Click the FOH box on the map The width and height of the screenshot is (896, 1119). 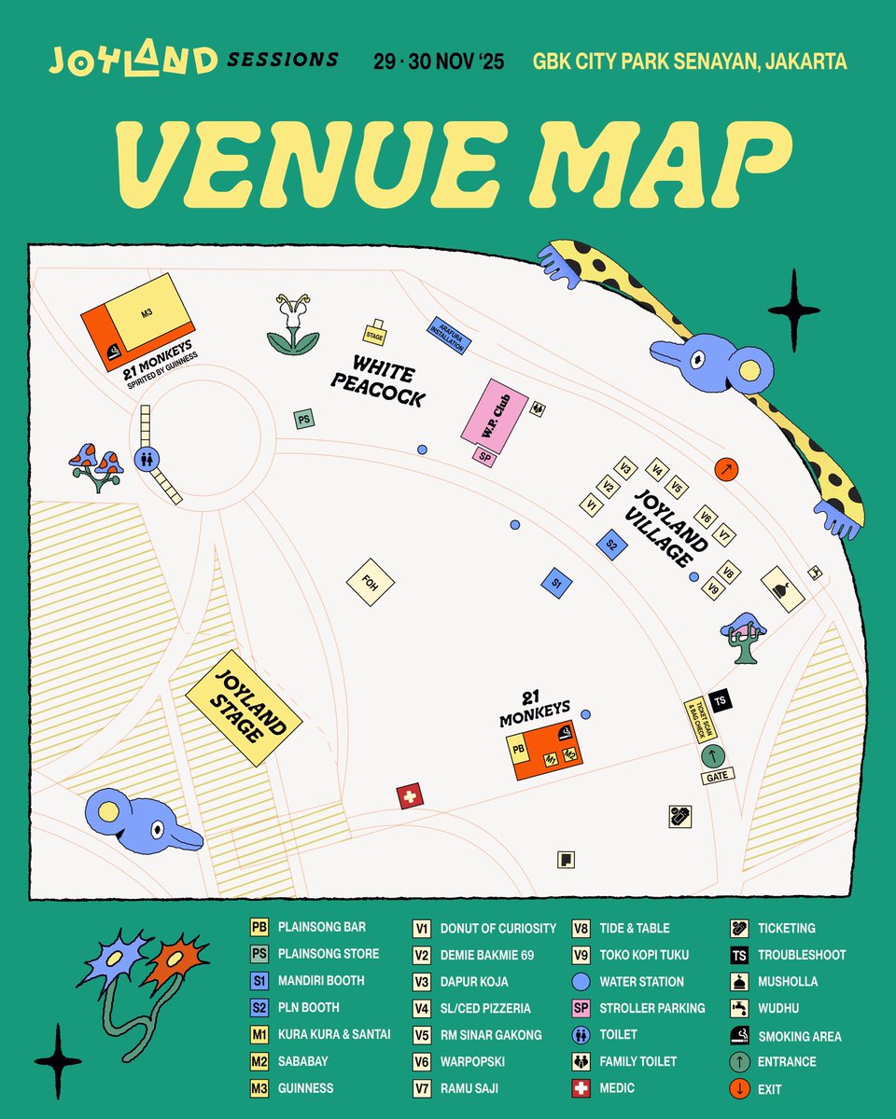(371, 583)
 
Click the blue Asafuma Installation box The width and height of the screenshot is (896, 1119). (449, 334)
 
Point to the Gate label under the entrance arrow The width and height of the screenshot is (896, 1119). (717, 776)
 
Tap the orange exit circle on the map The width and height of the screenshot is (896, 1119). (726, 468)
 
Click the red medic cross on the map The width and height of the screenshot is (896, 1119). (409, 797)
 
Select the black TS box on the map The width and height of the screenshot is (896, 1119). (718, 700)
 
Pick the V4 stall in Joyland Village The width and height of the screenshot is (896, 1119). (659, 471)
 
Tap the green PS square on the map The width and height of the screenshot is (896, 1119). (303, 420)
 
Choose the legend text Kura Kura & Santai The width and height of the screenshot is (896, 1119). (334, 1034)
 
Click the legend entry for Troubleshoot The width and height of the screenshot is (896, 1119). (802, 955)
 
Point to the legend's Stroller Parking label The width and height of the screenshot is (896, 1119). (652, 1008)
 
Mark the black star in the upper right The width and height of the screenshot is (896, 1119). (793, 311)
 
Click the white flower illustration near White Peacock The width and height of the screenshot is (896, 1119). (293, 325)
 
